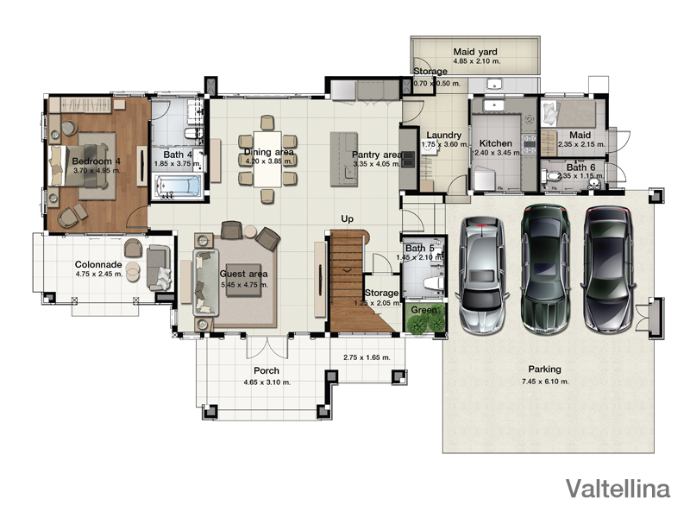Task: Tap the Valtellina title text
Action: pos(618,489)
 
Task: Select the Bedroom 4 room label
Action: pos(96,161)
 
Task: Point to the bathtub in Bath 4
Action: pos(178,186)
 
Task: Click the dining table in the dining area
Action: pos(267,160)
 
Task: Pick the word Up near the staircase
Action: pos(348,219)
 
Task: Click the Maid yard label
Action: pos(475,52)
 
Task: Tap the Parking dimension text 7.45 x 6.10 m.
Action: pos(545,382)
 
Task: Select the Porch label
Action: pos(267,371)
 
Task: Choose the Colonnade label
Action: pos(98,265)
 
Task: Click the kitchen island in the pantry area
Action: pos(344,160)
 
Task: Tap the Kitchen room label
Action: pos(495,143)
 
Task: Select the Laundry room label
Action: pos(443,136)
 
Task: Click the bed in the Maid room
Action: pos(568,113)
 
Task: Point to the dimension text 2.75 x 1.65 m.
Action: pos(367,357)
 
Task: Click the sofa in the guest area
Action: pos(205,282)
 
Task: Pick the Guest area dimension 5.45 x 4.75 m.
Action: pos(245,285)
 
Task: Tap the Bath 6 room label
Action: pos(580,167)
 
